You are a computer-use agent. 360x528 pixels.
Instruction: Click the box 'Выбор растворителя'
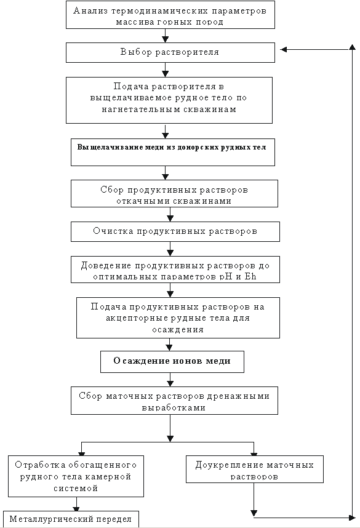coord(170,52)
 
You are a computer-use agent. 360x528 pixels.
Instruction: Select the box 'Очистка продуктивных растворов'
coord(175,231)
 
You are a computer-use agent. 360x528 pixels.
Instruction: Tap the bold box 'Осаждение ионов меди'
coord(172,362)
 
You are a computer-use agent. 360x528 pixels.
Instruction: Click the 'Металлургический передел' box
coord(71,519)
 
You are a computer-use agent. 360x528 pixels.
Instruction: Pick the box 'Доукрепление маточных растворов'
coord(255,469)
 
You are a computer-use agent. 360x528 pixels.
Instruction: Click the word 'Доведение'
coord(106,266)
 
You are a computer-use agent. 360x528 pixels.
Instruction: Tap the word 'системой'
coord(76,488)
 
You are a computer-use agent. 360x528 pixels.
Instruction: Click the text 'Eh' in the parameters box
coord(250,277)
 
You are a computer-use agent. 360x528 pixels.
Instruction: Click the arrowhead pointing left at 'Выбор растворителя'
coord(284,49)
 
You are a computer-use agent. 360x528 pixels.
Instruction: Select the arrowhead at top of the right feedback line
coord(352,47)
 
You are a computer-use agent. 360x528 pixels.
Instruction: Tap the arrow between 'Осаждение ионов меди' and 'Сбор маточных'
coord(170,380)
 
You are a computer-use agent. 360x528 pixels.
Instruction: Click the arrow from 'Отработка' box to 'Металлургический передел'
coord(76,504)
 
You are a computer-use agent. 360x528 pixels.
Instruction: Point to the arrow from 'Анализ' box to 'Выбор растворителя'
coord(165,36)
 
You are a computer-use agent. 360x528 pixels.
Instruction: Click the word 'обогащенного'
coord(103,465)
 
